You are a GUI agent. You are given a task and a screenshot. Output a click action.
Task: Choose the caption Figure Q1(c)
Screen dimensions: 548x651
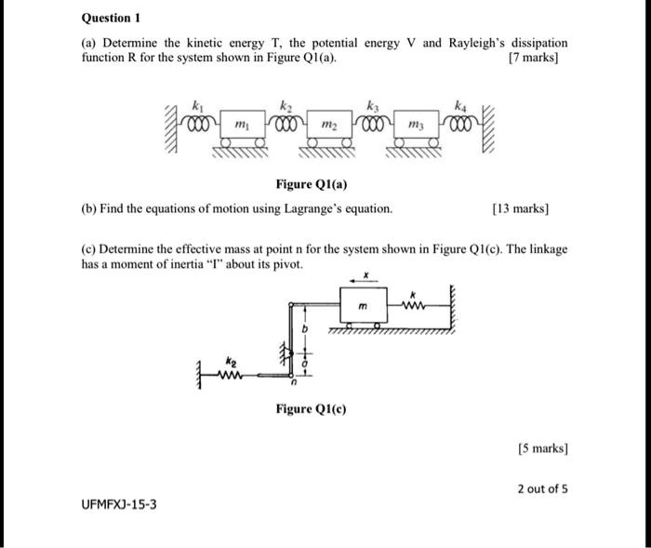tap(312, 408)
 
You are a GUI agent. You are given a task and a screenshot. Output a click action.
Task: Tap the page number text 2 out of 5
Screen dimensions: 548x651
tap(541, 488)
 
